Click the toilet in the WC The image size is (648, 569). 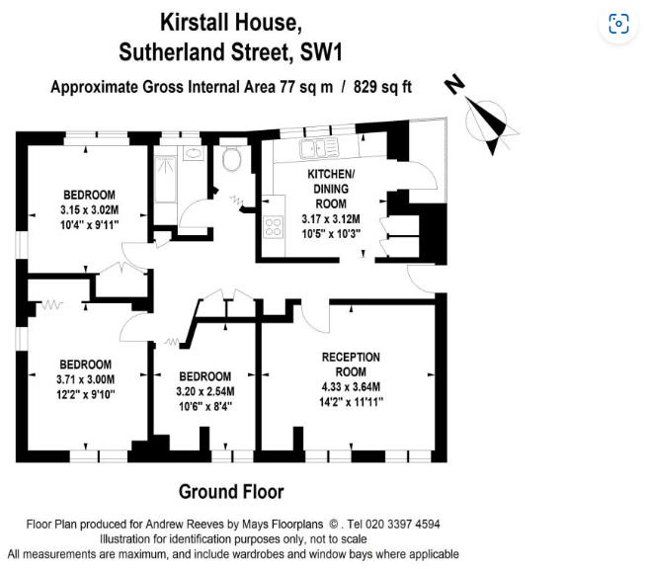pyautogui.click(x=233, y=160)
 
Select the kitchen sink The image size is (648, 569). pyautogui.click(x=319, y=148)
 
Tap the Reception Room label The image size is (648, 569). pyautogui.click(x=351, y=357)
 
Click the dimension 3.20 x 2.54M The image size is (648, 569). pyautogui.click(x=205, y=391)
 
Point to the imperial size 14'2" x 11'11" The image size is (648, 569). pyautogui.click(x=352, y=401)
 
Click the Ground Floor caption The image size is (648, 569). pyautogui.click(x=231, y=491)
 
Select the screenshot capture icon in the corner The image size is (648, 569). pyautogui.click(x=618, y=25)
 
